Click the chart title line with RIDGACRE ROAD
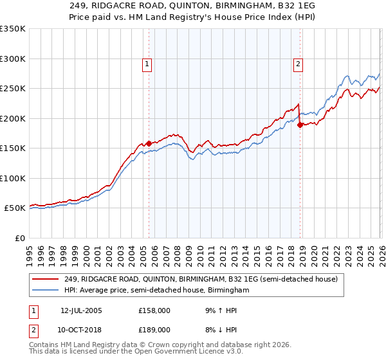tap(192, 4)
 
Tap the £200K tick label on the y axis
tap(13, 118)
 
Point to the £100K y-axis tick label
tap(13, 178)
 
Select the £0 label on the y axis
tap(19, 238)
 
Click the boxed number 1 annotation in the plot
tap(147, 64)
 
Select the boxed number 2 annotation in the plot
tap(299, 64)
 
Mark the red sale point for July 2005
tap(149, 143)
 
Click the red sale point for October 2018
tap(300, 125)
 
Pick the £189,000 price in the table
tap(154, 329)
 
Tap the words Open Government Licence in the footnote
tap(174, 352)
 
